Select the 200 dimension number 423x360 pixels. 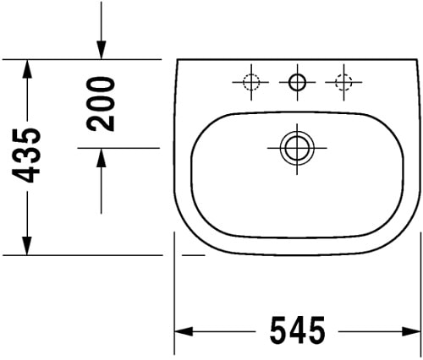(102, 102)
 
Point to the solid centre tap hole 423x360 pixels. (297, 81)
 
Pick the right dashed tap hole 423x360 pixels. (343, 81)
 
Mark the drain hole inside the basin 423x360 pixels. (295, 147)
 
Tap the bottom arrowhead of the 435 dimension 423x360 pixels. (29, 244)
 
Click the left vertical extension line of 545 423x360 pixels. (173, 296)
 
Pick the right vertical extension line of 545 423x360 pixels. (416, 296)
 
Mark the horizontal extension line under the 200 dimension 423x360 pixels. (118, 147)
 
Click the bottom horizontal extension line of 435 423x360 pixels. (85, 254)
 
